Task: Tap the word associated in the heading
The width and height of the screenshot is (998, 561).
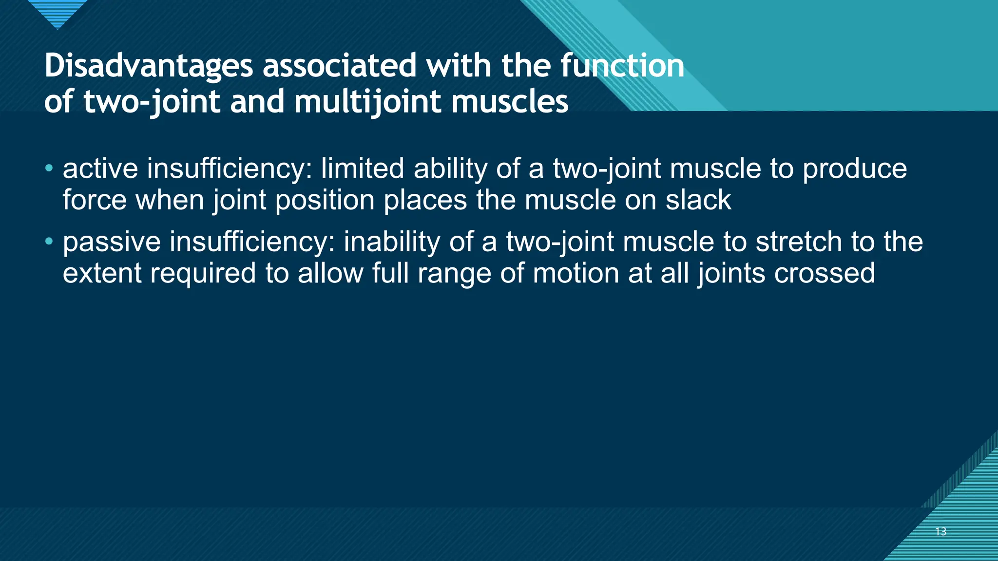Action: coord(340,66)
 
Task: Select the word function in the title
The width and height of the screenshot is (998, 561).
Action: coord(622,66)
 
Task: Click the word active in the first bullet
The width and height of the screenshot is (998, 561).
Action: coord(100,168)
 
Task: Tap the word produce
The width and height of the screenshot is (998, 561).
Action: coord(855,169)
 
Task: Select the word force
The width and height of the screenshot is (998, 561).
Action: coord(94,200)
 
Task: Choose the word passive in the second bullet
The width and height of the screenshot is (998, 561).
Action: coord(112,243)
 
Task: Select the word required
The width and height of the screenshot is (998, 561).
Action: coord(203,274)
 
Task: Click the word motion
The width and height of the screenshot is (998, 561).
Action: coord(576,273)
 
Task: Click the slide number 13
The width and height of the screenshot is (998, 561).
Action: coord(940,531)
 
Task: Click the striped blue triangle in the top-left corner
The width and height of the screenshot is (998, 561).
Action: coord(58,12)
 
